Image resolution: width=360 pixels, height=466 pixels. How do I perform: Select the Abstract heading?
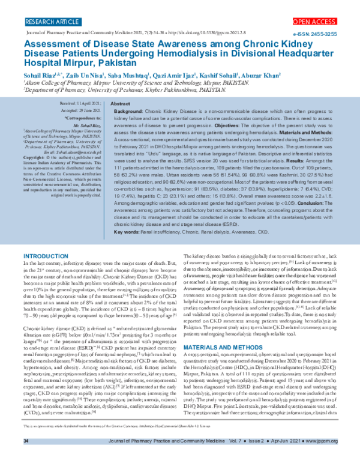[x=121, y=104]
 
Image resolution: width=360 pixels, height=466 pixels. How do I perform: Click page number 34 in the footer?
[x=26, y=458]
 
